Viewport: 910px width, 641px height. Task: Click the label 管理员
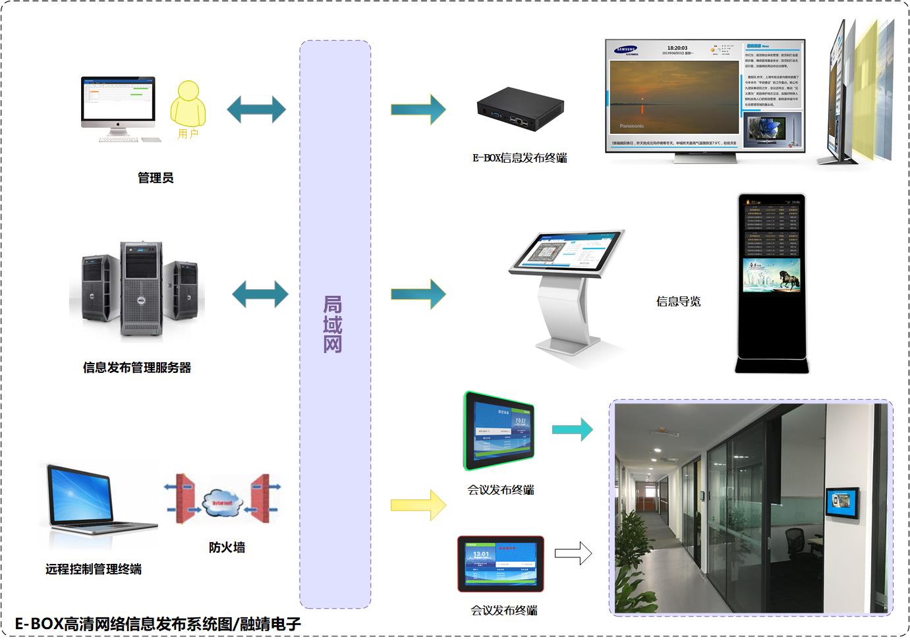pyautogui.click(x=156, y=178)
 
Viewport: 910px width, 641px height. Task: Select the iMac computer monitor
pyautogui.click(x=119, y=103)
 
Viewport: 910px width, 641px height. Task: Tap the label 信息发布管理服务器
pyautogui.click(x=137, y=368)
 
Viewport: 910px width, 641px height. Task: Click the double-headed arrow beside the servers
pyautogui.click(x=260, y=294)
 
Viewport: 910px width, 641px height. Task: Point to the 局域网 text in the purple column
pyautogui.click(x=333, y=324)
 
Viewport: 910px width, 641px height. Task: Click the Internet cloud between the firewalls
pyautogui.click(x=222, y=502)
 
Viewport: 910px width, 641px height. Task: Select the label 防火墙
pyautogui.click(x=227, y=547)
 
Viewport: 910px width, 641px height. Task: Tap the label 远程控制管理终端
pyautogui.click(x=94, y=569)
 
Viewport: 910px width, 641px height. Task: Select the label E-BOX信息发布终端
pyautogui.click(x=519, y=158)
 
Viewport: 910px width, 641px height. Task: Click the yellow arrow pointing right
pyautogui.click(x=418, y=505)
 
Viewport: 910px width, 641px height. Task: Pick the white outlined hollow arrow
pyautogui.click(x=573, y=553)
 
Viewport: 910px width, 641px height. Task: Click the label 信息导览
pyautogui.click(x=678, y=302)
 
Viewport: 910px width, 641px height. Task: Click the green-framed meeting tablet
pyautogui.click(x=499, y=431)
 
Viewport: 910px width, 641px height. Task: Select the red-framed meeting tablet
pyautogui.click(x=501, y=564)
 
